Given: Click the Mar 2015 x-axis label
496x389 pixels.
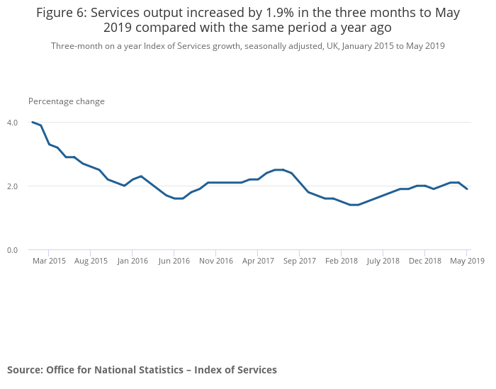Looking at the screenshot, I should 49,261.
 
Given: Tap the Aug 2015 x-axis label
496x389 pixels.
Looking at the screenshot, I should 91,261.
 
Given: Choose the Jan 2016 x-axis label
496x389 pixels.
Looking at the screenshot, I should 133,261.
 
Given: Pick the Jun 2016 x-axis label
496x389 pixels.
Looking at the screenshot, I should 174,261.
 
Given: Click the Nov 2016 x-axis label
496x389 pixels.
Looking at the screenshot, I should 216,261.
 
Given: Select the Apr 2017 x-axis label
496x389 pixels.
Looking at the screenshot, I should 258,261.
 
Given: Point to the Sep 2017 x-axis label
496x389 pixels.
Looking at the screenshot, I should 300,261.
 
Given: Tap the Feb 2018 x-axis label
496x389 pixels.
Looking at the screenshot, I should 341,261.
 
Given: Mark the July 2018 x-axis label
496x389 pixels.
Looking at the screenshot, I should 383,261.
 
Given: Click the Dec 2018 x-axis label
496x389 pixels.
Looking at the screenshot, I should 425,261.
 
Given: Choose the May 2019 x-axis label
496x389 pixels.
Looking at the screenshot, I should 468,261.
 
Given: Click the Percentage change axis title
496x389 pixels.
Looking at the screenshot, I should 67,101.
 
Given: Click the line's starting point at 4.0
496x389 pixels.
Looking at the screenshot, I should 33,122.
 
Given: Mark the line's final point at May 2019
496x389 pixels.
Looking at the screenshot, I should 467,189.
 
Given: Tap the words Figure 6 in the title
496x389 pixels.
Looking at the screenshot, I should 62,13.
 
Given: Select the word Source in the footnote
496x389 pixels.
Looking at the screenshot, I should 25,370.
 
